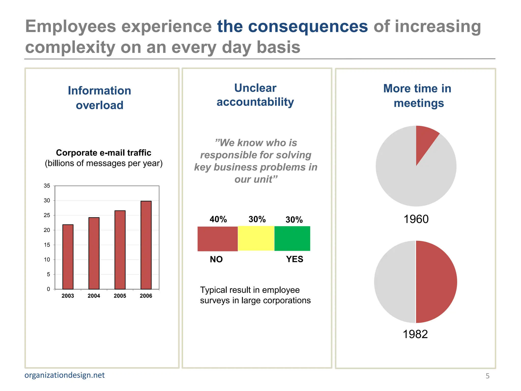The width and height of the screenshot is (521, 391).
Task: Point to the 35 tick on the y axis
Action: [47, 186]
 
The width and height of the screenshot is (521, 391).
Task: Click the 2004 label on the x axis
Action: [94, 296]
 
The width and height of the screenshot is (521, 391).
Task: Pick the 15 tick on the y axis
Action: [47, 245]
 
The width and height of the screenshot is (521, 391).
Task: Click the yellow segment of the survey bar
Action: [256, 239]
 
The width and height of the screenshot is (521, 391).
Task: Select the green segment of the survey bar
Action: [292, 239]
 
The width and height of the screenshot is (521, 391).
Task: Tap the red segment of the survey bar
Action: [218, 239]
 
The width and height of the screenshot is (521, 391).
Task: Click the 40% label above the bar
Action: [218, 219]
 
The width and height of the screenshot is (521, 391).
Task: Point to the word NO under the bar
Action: [216, 259]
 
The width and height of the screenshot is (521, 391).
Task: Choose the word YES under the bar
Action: [295, 259]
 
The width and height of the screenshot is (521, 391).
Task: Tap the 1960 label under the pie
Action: [416, 219]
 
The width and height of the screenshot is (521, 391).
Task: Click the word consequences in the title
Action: [293, 26]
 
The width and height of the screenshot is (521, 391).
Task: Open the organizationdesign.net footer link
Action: [65, 375]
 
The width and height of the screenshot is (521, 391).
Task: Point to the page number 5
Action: [487, 376]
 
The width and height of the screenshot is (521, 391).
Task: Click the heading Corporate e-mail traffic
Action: [104, 153]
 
